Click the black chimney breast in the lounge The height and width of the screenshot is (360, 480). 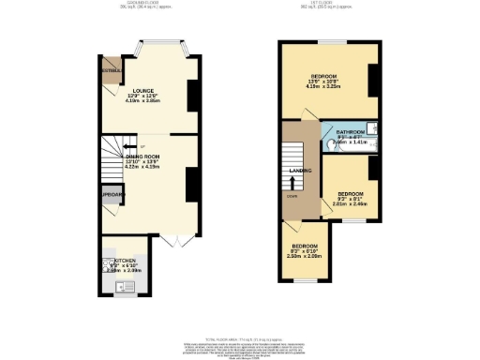tap(192, 95)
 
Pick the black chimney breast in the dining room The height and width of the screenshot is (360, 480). tap(191, 183)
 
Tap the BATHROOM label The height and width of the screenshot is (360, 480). tap(352, 133)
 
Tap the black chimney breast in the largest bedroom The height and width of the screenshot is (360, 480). tap(372, 82)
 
